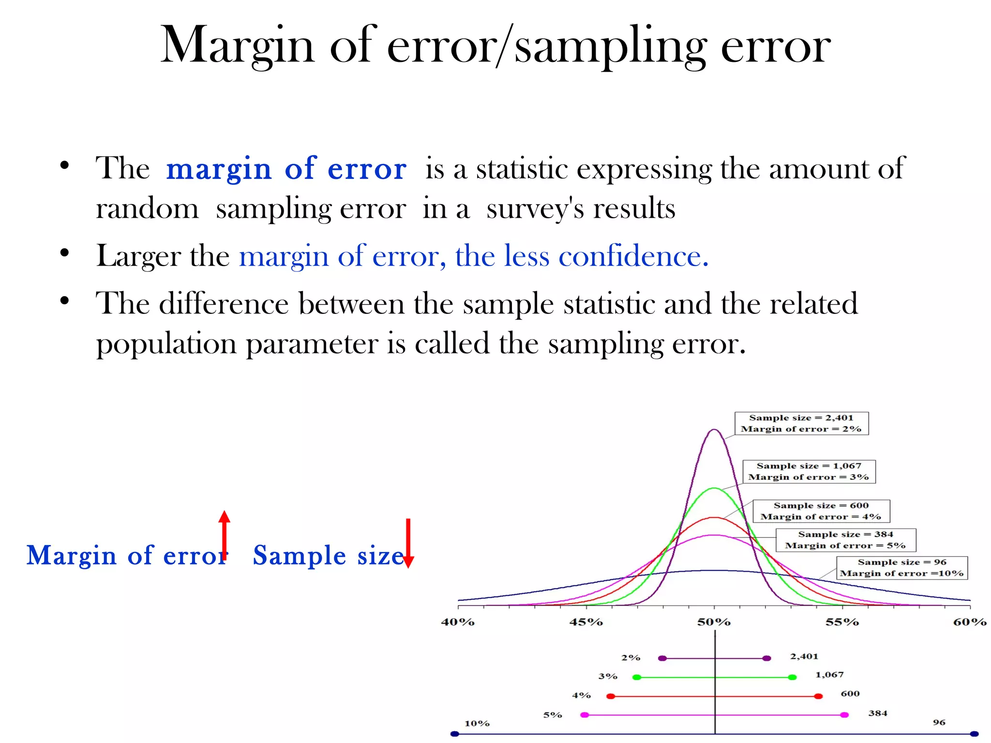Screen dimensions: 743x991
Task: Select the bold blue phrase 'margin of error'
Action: pyautogui.click(x=286, y=169)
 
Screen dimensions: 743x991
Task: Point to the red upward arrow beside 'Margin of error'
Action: pyautogui.click(x=224, y=535)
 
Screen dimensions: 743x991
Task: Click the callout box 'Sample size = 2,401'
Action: pyautogui.click(x=801, y=423)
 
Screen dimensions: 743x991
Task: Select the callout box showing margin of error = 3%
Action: pyautogui.click(x=809, y=472)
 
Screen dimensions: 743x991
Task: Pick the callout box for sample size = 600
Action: pyautogui.click(x=821, y=511)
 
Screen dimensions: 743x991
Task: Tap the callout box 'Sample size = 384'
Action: pyautogui.click(x=845, y=540)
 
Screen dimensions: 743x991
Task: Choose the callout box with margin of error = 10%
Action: pyautogui.click(x=902, y=568)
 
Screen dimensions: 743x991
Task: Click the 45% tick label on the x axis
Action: pyautogui.click(x=586, y=622)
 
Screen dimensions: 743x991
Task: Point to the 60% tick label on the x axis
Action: pyautogui.click(x=969, y=622)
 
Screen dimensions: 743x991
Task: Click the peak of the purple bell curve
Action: pyautogui.click(x=714, y=430)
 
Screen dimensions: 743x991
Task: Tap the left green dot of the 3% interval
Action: pyautogui.click(x=637, y=677)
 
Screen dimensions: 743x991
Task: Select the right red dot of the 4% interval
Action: pyautogui.click(x=818, y=697)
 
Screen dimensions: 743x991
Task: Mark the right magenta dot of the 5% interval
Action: pyautogui.click(x=844, y=715)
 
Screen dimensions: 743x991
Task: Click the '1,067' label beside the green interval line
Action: pyautogui.click(x=829, y=675)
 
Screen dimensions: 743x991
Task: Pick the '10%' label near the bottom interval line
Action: pyautogui.click(x=477, y=724)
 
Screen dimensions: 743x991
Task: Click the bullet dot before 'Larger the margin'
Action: pyautogui.click(x=65, y=253)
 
